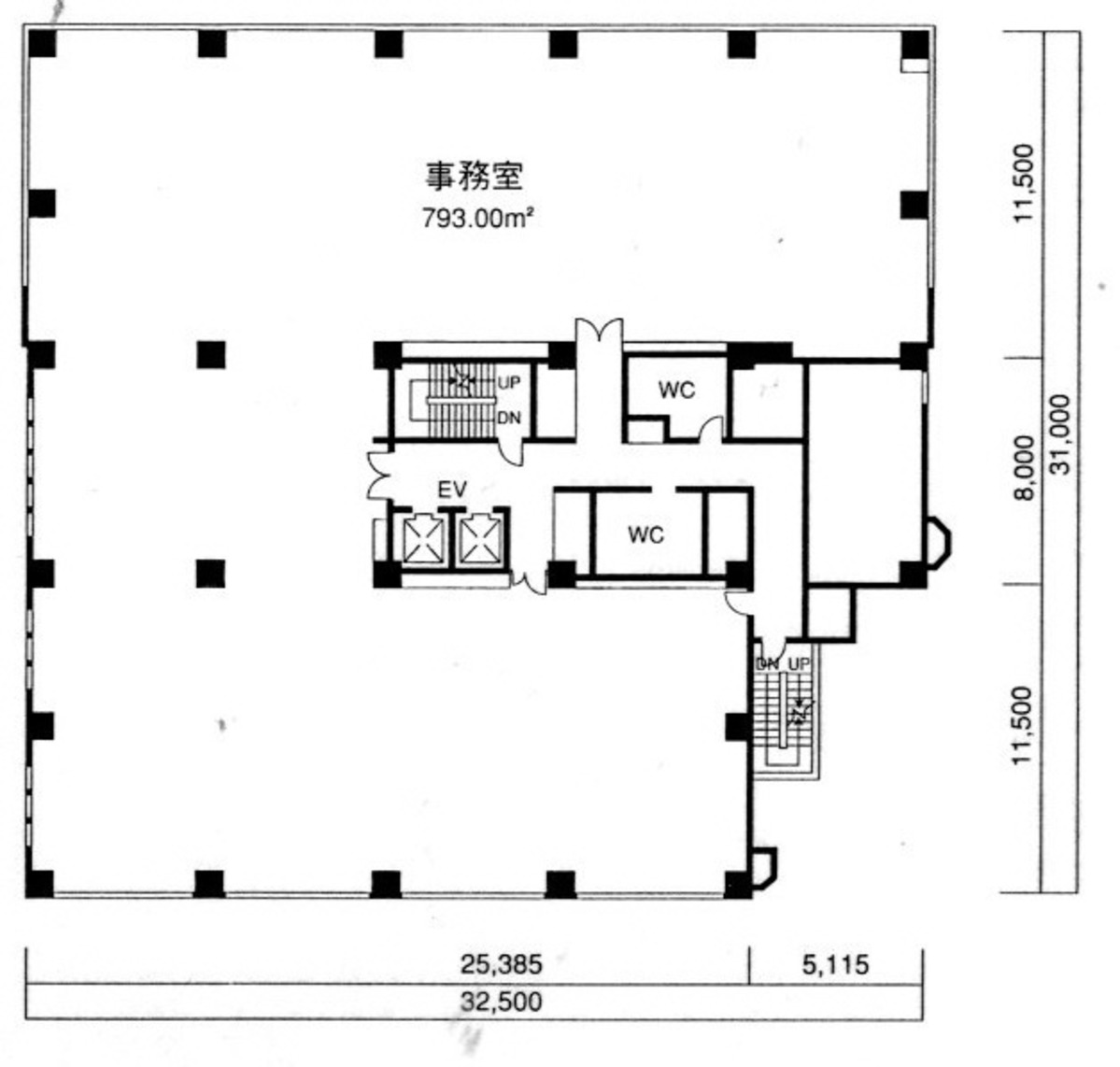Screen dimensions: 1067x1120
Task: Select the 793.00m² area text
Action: click(476, 219)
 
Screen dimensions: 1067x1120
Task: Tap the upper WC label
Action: click(676, 390)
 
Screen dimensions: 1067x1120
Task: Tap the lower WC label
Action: click(645, 534)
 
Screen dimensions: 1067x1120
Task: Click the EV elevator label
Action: click(452, 489)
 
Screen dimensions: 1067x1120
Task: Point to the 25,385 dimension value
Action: click(502, 962)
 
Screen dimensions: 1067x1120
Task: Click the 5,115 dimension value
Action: click(835, 962)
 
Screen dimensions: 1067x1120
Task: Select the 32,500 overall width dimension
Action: click(501, 1002)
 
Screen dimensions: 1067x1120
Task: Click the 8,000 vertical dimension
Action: click(1025, 467)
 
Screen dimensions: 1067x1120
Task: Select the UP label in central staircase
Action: click(508, 383)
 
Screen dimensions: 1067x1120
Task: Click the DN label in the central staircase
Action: click(508, 418)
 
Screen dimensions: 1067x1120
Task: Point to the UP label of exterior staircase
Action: click(800, 662)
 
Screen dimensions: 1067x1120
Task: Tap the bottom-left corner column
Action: click(40, 883)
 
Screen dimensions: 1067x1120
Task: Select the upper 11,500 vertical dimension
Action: click(1025, 183)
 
